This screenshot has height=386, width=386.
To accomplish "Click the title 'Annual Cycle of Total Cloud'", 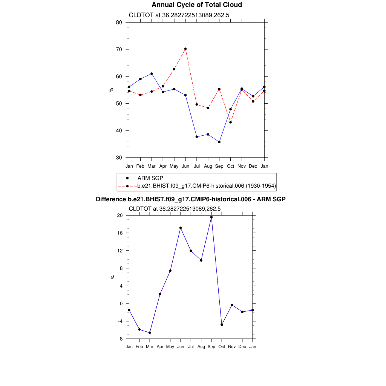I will pos(196,5).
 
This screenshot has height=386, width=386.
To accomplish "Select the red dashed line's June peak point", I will pos(185,49).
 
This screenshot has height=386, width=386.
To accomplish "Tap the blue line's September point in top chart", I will pos(219,142).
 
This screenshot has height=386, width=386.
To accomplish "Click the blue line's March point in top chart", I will pos(152,74).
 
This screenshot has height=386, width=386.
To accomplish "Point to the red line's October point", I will pos(230,122).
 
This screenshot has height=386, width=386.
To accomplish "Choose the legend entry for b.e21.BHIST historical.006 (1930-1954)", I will pos(206,186).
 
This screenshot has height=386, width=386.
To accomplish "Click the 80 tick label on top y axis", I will pos(119,22).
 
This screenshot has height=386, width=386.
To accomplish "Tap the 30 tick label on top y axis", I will pos(119,158).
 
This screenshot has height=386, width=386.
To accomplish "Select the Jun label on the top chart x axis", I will pos(185,166).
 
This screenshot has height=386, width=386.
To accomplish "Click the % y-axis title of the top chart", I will pos(111,90).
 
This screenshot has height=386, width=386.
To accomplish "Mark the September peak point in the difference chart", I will pos(211,217).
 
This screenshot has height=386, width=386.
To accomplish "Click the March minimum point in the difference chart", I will pos(150,332).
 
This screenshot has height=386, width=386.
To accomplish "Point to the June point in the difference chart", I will pos(181,228).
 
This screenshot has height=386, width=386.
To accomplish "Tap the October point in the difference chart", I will pos(222,325).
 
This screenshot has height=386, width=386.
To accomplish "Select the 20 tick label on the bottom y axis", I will pos(120,215).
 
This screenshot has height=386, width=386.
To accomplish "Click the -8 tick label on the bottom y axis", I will pos(120,339).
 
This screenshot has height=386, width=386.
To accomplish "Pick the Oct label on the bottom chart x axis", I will pos(222,347).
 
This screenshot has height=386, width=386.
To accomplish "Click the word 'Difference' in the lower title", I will pos(109,199).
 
